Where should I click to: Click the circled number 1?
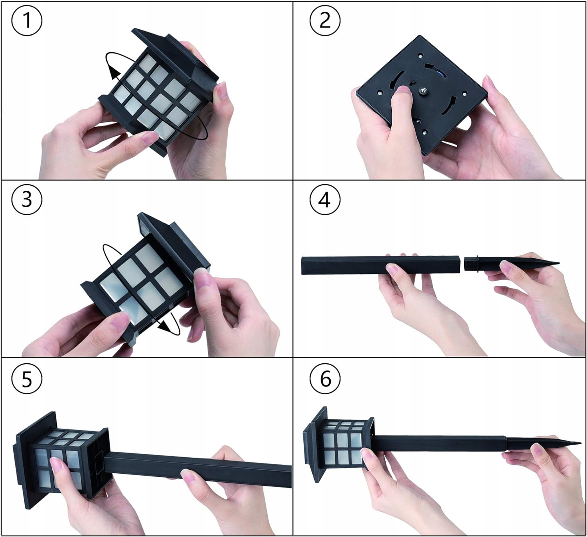(x=27, y=21)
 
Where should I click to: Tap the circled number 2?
(x=325, y=21)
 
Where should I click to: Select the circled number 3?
(x=27, y=200)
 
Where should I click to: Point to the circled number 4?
(x=325, y=200)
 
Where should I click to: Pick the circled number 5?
(x=27, y=379)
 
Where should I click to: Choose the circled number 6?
(x=325, y=379)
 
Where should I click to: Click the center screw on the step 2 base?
(x=422, y=92)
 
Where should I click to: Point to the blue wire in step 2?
(x=442, y=72)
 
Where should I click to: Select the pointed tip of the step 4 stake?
(x=558, y=263)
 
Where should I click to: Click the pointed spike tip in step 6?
(x=580, y=443)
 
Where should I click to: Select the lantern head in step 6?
(x=339, y=445)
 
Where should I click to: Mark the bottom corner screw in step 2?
(x=425, y=132)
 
